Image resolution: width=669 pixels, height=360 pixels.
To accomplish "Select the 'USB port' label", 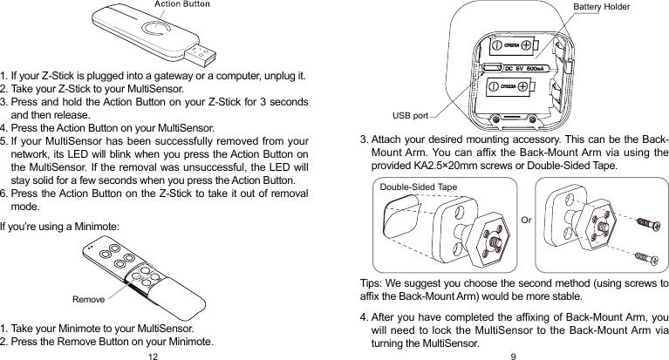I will (x=410, y=114).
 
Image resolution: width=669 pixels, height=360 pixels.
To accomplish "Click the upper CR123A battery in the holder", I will (x=515, y=43).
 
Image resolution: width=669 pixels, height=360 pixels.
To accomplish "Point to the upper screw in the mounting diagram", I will (x=646, y=223).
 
